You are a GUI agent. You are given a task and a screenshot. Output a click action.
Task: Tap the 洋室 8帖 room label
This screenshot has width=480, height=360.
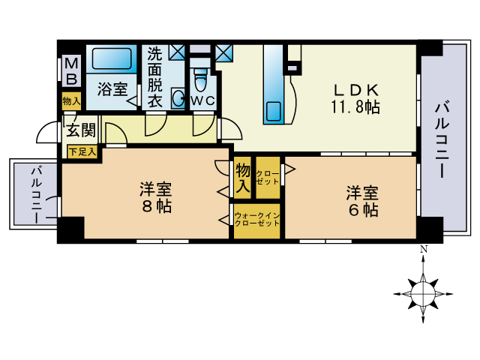point(155,196)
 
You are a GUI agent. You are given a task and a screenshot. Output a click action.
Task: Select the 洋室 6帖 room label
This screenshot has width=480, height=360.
point(361,201)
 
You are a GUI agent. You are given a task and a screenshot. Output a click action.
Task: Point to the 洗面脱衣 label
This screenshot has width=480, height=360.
point(154,77)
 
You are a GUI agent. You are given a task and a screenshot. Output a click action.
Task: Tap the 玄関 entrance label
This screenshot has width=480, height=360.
point(80,130)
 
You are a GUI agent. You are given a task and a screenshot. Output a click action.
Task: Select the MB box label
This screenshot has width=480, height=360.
point(70,72)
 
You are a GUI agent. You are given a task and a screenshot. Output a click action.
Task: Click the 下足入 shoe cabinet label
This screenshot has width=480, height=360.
point(82,151)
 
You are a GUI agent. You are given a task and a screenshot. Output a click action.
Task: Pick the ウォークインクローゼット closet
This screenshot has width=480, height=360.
point(257,220)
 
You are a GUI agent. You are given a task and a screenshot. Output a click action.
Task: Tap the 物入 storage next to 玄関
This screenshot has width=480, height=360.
point(71,100)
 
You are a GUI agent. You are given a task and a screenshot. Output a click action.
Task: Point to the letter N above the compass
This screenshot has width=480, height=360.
point(424,250)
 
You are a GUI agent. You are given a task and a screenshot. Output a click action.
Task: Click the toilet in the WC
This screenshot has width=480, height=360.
point(199,78)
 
